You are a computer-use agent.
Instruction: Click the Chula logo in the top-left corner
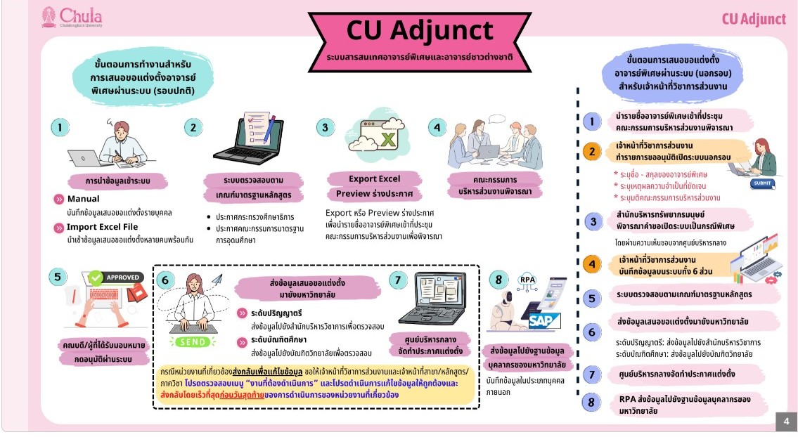pos(72,17)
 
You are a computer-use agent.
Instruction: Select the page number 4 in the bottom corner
pos(785,422)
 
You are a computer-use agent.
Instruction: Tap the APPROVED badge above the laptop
pos(115,278)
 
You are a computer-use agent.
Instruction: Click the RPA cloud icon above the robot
pos(527,280)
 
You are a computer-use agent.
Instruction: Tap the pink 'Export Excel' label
pos(374,178)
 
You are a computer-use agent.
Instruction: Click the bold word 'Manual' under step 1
pos(83,199)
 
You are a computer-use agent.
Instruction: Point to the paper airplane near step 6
pos(216,280)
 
